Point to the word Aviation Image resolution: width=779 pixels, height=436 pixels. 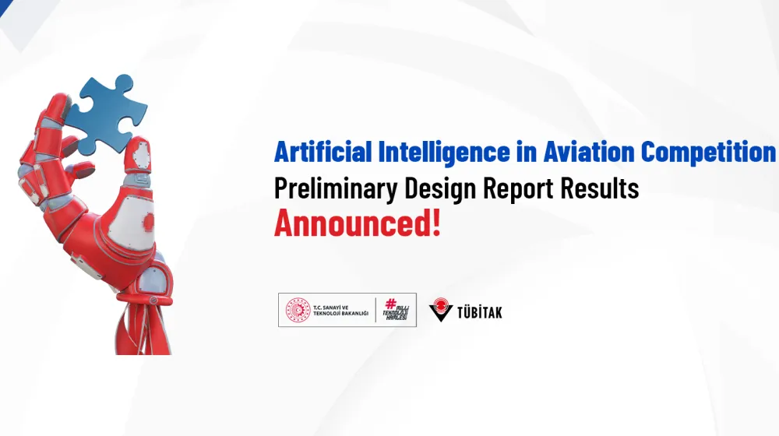[x=587, y=152]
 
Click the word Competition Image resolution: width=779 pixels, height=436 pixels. [x=709, y=152]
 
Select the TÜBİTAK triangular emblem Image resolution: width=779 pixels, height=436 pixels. [x=441, y=310]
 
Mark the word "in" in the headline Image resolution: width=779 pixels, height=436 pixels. [x=527, y=152]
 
